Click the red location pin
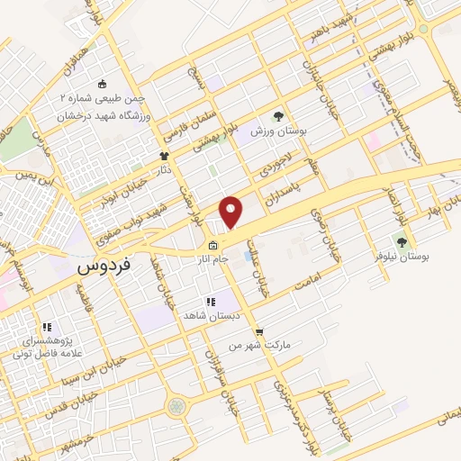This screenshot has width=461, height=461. (x=231, y=212)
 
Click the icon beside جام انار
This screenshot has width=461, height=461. (x=212, y=246)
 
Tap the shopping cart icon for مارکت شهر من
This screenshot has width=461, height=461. (x=259, y=331)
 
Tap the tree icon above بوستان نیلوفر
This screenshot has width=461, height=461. (x=402, y=241)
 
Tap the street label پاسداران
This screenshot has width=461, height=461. (x=290, y=192)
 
